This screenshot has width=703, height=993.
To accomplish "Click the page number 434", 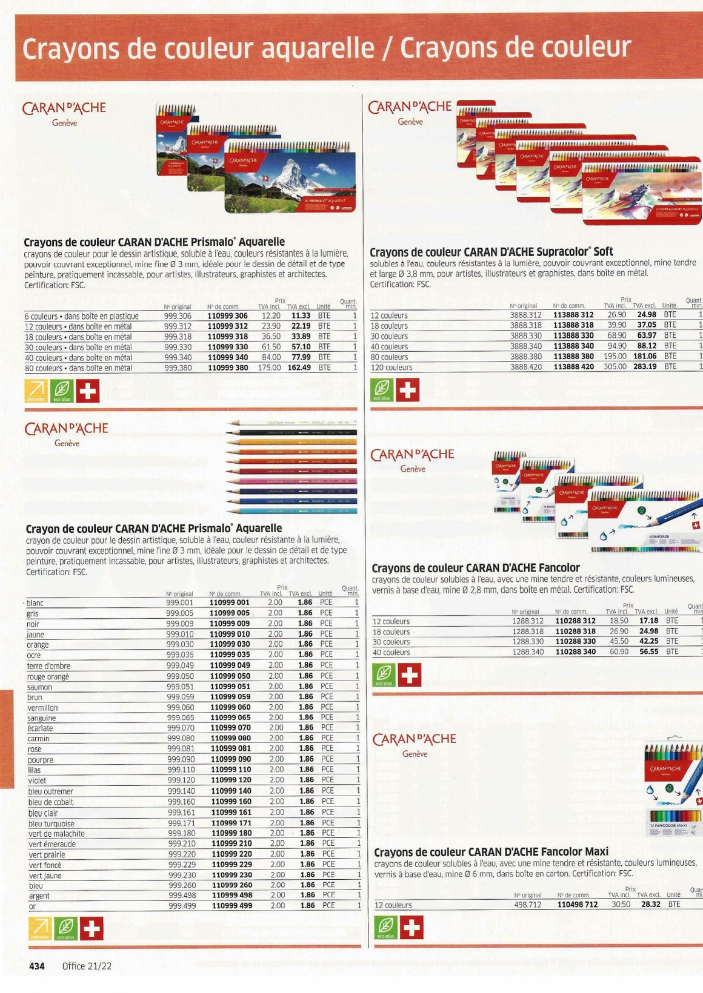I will tap(37, 966).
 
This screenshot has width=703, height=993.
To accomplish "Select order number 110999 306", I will tap(227, 316).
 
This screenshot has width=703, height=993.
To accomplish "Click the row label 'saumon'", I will tap(39, 687).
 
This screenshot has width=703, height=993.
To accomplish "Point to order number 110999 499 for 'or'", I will tap(232, 906).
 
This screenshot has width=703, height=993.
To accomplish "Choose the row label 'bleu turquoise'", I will tap(52, 823).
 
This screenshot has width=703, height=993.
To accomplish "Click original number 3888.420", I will tap(525, 367).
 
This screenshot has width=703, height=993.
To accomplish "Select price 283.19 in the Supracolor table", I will tap(645, 367).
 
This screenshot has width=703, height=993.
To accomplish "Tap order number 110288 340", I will tap(575, 652).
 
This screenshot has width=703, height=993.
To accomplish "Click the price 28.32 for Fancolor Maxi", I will tap(651, 904).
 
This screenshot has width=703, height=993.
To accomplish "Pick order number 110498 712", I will tap(577, 905).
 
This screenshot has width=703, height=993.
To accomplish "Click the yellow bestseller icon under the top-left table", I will tap(36, 391).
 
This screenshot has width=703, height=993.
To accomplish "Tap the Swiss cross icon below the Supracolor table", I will tap(407, 390).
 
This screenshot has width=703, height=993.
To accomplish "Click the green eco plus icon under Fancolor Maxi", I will tap(386, 927).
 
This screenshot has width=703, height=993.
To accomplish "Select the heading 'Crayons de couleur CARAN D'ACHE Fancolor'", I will tap(475, 568).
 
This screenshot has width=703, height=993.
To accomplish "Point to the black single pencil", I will tap(291, 432).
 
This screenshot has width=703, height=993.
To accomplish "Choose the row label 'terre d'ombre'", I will tap(48, 666).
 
